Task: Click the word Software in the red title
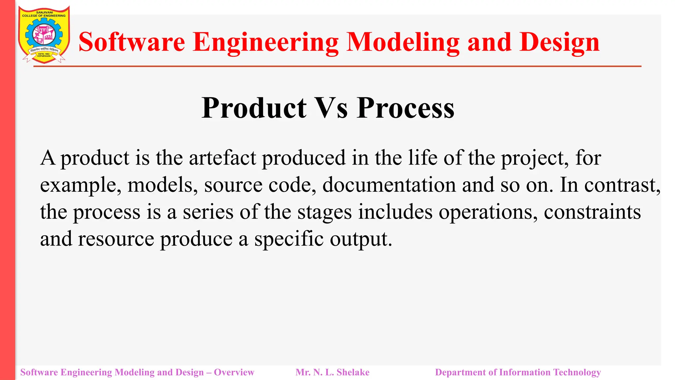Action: (132, 42)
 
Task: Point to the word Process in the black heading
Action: (406, 109)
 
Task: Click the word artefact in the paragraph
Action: (222, 158)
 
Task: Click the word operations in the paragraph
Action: (488, 212)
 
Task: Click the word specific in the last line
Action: (289, 239)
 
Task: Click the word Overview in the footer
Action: (234, 372)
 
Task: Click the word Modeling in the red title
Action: (403, 43)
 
